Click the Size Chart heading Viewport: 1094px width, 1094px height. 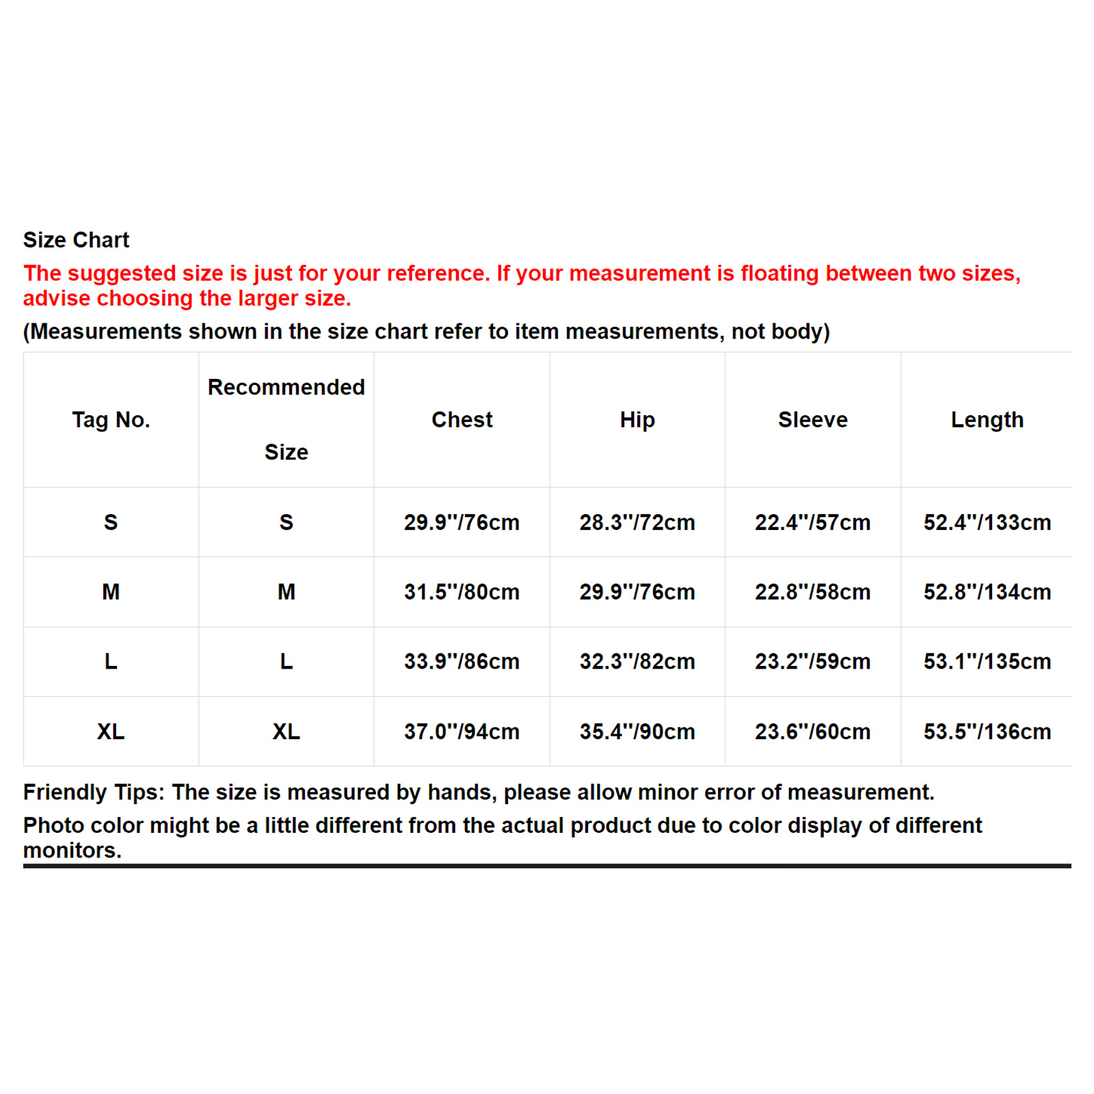tap(76, 240)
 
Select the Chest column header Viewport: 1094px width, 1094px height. tap(462, 420)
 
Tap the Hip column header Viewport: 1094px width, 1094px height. tap(637, 420)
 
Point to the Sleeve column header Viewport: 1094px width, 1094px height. tap(812, 420)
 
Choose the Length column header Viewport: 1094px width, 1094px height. tap(987, 420)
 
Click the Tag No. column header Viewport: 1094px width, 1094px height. tap(111, 420)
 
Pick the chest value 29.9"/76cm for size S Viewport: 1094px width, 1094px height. tap(462, 522)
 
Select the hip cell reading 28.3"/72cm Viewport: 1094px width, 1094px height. tap(637, 522)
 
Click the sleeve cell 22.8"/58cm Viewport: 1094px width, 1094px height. tap(812, 592)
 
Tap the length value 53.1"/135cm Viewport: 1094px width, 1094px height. tap(987, 662)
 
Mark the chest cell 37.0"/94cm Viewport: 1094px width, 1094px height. tap(462, 732)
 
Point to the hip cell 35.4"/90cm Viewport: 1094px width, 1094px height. tap(637, 732)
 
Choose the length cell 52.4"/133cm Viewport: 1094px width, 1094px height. tap(987, 522)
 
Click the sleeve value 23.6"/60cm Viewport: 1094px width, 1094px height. tap(812, 732)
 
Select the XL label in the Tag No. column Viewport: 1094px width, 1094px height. tap(111, 732)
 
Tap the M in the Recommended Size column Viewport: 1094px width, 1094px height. tap(286, 592)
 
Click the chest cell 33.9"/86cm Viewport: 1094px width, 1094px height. tap(462, 662)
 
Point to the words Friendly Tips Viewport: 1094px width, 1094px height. tap(94, 792)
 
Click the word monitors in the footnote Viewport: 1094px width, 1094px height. tap(72, 851)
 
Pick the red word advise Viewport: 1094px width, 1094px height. tap(57, 299)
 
